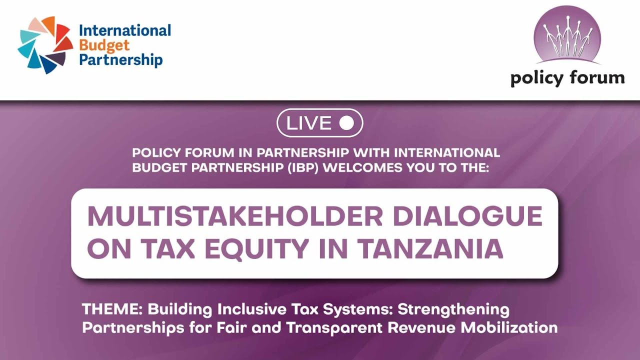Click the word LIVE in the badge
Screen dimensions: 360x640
pos(308,123)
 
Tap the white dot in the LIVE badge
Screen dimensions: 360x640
pos(346,123)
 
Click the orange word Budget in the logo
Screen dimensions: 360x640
pos(104,45)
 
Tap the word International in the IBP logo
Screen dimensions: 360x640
pos(125,31)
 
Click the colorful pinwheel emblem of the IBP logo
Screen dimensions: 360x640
pos(45,45)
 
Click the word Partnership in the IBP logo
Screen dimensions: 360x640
pos(121,60)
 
